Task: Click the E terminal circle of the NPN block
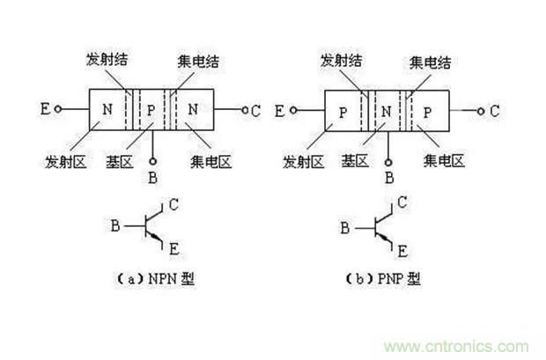(x=59, y=111)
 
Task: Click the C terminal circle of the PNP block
(x=480, y=110)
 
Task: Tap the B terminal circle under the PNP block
(x=387, y=162)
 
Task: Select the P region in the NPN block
(x=151, y=111)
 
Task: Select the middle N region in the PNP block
(x=386, y=111)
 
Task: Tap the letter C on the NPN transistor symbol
(x=173, y=205)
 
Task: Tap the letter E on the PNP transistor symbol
(x=402, y=251)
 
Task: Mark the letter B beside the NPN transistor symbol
(x=115, y=226)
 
